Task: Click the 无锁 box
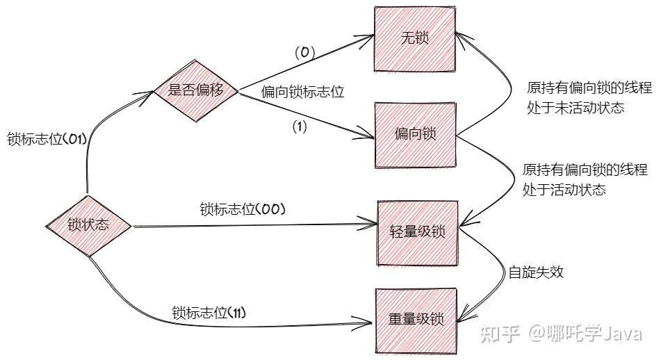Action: [416, 38]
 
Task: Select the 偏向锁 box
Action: [416, 134]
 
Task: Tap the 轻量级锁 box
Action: [418, 231]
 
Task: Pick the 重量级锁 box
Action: [417, 320]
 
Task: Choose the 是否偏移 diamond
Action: [196, 90]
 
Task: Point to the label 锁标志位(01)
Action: [47, 138]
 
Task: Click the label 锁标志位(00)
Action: [243, 208]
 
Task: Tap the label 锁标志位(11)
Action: [209, 313]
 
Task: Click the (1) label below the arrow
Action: [300, 126]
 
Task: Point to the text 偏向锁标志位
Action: [303, 91]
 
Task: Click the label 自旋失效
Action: [536, 272]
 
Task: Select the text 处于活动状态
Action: [564, 188]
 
